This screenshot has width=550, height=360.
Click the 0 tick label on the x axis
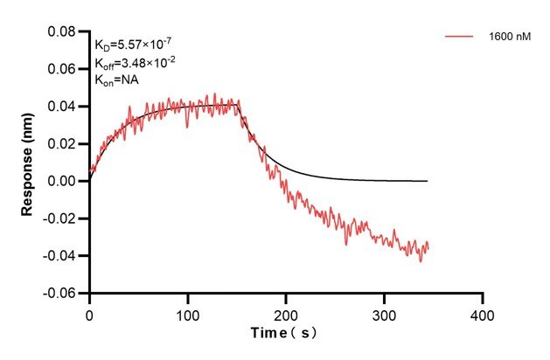tap(89, 312)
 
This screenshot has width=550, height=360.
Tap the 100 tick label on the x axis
tap(187, 312)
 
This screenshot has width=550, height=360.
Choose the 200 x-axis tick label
tap(286, 312)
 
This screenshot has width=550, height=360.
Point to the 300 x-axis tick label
tap(384, 312)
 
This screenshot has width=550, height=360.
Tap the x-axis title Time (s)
tap(286, 335)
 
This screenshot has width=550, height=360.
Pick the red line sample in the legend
tap(460, 37)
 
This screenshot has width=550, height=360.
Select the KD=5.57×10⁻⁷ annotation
tap(131, 45)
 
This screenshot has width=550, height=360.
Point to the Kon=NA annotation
tap(117, 80)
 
